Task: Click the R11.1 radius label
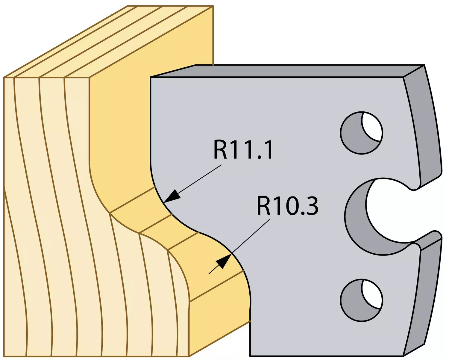pyautogui.click(x=243, y=150)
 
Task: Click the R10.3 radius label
pyautogui.click(x=288, y=206)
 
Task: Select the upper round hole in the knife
pyautogui.click(x=362, y=133)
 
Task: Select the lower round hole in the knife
pyautogui.click(x=362, y=300)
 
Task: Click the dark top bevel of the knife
pyautogui.click(x=288, y=71)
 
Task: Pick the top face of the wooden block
pyautogui.click(x=108, y=42)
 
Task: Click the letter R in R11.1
pyautogui.click(x=220, y=150)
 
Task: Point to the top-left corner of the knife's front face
pyautogui.click(x=151, y=78)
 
